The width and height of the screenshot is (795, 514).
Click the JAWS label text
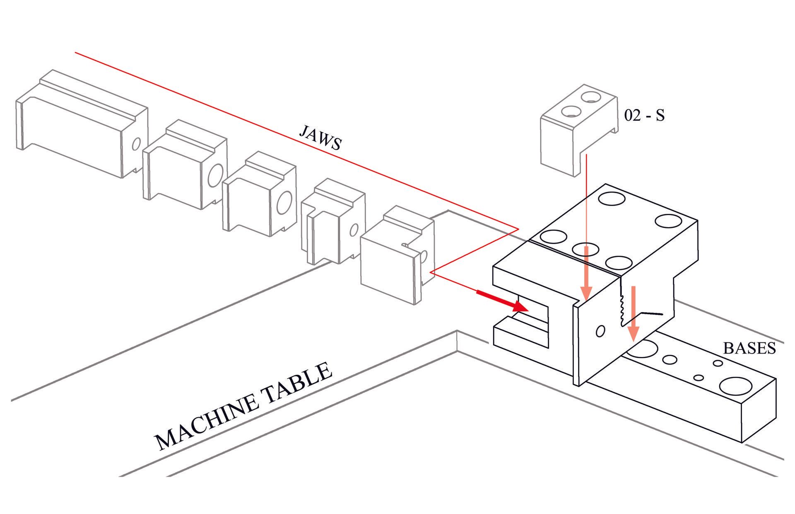pyautogui.click(x=320, y=138)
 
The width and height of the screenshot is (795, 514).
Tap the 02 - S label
pyautogui.click(x=644, y=115)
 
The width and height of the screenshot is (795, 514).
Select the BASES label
pyautogui.click(x=749, y=348)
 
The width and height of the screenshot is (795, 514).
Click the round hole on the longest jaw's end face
pyautogui.click(x=136, y=144)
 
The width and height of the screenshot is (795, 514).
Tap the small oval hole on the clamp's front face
pyautogui.click(x=600, y=331)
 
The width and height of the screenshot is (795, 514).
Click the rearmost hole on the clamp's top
pyautogui.click(x=612, y=198)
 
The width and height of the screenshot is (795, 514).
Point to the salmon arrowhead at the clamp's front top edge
pyautogui.click(x=586, y=292)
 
